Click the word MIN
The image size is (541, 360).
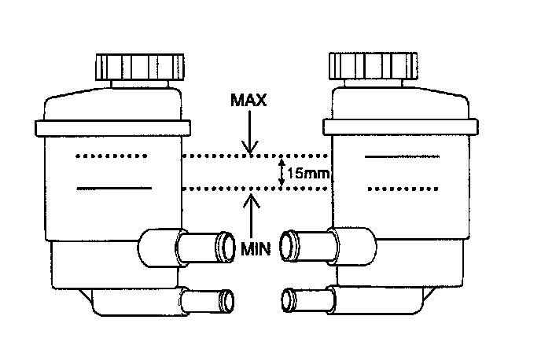256,249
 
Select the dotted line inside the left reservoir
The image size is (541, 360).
112,157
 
